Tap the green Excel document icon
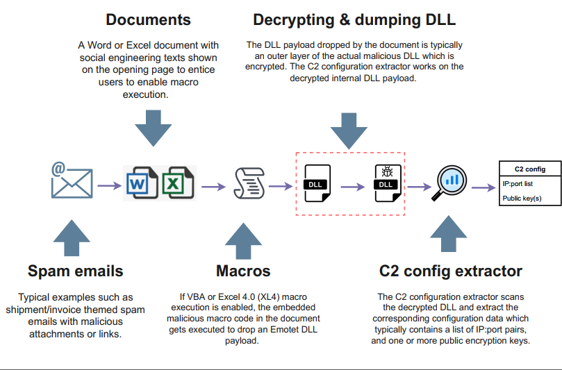click(177, 183)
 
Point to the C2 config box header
click(529, 169)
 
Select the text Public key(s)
click(522, 199)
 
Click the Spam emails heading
click(76, 271)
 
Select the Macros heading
click(242, 271)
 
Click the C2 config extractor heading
click(451, 271)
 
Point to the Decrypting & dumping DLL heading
click(354, 19)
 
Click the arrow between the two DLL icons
click(352, 186)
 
